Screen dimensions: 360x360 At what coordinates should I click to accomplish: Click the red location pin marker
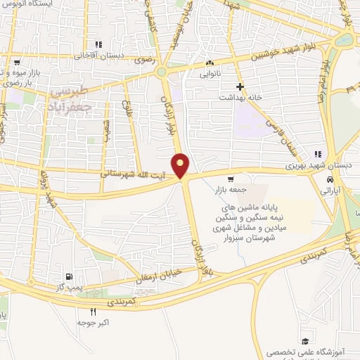point(181,165)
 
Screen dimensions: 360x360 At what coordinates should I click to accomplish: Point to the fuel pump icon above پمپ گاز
point(68,276)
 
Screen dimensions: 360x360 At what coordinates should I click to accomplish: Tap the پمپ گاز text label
point(70,287)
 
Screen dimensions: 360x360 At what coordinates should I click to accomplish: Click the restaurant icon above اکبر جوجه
point(93,312)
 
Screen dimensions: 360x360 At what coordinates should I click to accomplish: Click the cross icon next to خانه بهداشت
point(240,87)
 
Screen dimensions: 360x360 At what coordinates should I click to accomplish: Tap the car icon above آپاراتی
point(330,178)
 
